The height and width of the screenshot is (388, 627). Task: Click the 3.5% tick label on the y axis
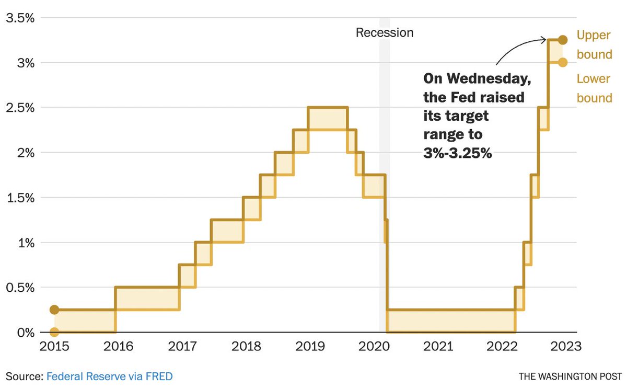[x=20, y=18]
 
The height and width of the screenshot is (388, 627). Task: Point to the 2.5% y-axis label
[x=20, y=108]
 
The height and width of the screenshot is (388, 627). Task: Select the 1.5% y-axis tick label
[x=20, y=198]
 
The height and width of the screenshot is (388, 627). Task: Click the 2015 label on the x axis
[x=54, y=346]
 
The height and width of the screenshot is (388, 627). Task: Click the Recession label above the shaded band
[x=385, y=33]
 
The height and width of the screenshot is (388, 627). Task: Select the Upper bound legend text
[x=594, y=45]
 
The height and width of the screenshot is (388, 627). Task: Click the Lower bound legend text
[x=594, y=88]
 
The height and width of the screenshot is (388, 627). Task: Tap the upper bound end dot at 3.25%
[x=562, y=40]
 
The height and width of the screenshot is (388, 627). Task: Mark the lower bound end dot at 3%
[x=562, y=62]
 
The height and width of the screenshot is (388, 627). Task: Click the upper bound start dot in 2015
[x=54, y=310]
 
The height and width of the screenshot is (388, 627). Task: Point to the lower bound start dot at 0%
[x=54, y=332]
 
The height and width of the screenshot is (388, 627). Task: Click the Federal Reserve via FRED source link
[x=109, y=376]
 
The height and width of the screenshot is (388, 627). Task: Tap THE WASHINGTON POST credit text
[x=571, y=376]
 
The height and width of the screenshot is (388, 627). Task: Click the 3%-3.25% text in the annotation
[x=458, y=154]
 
